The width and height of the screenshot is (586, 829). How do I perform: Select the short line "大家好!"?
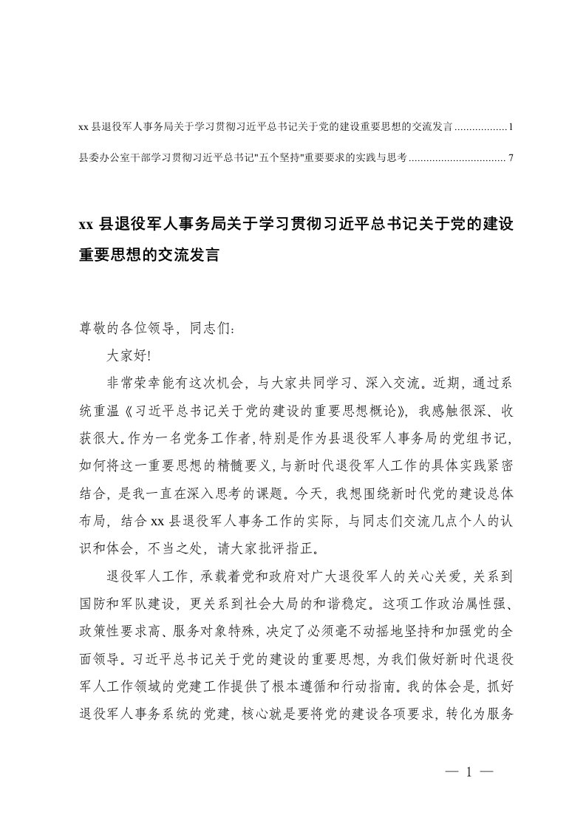(x=129, y=354)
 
